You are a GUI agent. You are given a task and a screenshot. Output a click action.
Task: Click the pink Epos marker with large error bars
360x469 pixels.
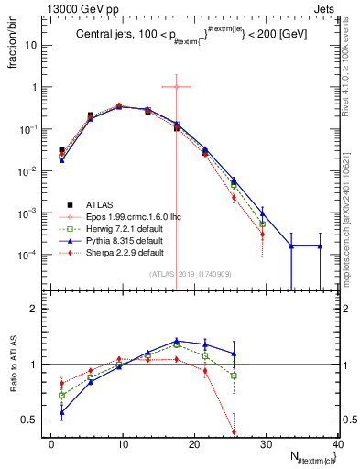point(176,87)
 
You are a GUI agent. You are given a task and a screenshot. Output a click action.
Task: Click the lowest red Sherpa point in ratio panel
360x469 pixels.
point(234,431)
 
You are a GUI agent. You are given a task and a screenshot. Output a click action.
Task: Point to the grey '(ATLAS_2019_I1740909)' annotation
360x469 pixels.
point(190,273)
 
